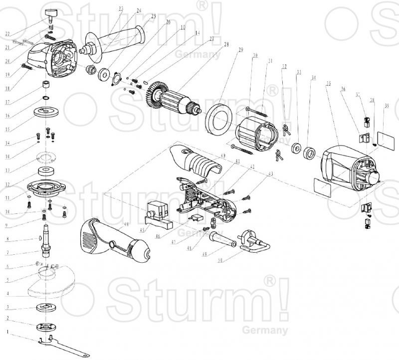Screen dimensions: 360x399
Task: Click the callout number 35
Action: tap(327, 84)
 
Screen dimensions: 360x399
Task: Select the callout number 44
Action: tap(126, 225)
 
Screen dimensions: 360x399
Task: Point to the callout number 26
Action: tap(168, 22)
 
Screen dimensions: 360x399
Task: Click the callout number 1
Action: tap(7, 331)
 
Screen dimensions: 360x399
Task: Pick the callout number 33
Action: tap(299, 72)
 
